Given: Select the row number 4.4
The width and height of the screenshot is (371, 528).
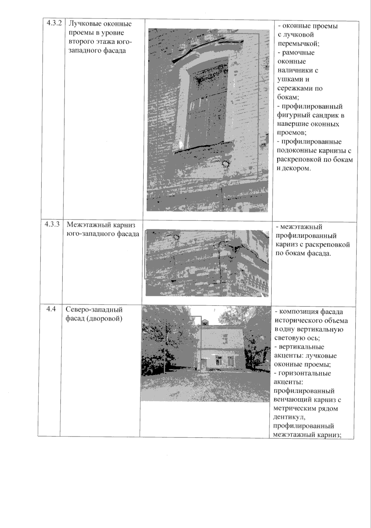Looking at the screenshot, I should click(51, 309).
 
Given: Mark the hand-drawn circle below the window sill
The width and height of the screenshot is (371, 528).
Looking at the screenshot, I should click(226, 164).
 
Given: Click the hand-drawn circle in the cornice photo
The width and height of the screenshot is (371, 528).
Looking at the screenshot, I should click(176, 237).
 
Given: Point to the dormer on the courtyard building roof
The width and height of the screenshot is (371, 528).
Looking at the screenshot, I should click(205, 322).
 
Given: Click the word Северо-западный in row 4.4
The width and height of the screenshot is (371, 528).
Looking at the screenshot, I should click(94, 310).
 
